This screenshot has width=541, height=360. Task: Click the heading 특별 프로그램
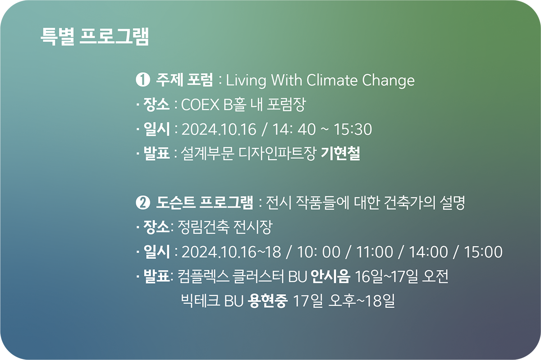(95, 37)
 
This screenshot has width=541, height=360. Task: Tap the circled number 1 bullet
(143, 80)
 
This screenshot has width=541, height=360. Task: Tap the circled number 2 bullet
(143, 203)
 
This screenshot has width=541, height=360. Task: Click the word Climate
(332, 80)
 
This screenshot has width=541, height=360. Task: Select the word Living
(246, 81)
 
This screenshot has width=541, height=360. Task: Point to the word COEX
(200, 105)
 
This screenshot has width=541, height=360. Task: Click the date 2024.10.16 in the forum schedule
(219, 129)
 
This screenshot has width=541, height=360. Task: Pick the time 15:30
(353, 129)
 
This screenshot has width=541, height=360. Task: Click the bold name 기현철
(340, 153)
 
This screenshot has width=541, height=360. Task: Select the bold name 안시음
(330, 276)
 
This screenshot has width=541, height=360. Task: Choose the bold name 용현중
(268, 301)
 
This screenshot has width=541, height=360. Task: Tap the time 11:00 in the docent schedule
(374, 252)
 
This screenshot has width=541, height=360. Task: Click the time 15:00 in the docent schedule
(483, 252)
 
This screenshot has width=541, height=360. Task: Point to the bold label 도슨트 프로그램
(204, 203)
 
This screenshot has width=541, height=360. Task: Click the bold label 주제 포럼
(184, 79)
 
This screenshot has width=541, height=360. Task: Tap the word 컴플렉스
(203, 276)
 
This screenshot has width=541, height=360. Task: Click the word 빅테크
(201, 301)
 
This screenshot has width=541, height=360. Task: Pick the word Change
(388, 81)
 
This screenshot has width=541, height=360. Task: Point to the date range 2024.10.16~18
(231, 252)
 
